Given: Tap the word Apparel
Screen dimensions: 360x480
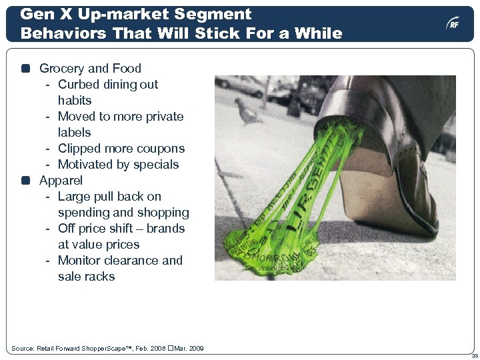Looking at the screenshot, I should (61, 180).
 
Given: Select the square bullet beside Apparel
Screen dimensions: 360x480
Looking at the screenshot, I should (26, 180).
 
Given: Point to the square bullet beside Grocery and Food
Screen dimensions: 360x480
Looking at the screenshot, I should (26, 68).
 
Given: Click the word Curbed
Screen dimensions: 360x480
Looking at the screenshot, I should (79, 84).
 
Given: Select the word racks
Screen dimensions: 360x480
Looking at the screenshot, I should (100, 276).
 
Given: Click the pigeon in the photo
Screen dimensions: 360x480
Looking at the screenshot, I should (247, 111).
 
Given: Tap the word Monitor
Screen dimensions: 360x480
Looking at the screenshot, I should (80, 260).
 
